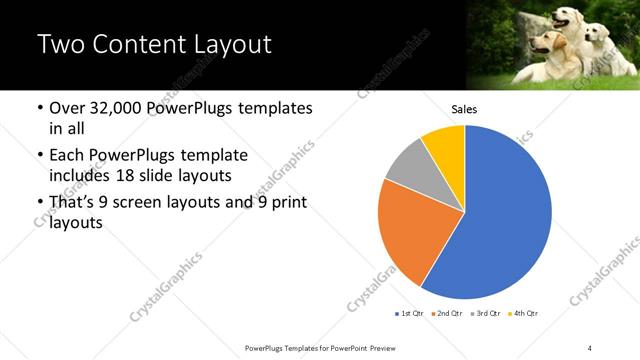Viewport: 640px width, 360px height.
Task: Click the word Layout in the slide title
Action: [x=226, y=45]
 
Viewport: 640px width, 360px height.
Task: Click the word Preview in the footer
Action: [x=391, y=346]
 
